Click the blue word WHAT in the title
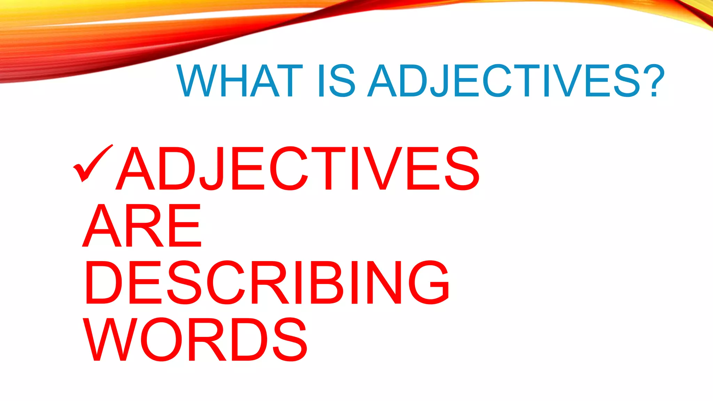tap(240, 81)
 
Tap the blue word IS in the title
tap(336, 81)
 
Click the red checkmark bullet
tap(92, 163)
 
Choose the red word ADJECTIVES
tap(298, 168)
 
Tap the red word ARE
tap(142, 226)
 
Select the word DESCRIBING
tap(267, 282)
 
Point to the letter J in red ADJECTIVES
tap(213, 169)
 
